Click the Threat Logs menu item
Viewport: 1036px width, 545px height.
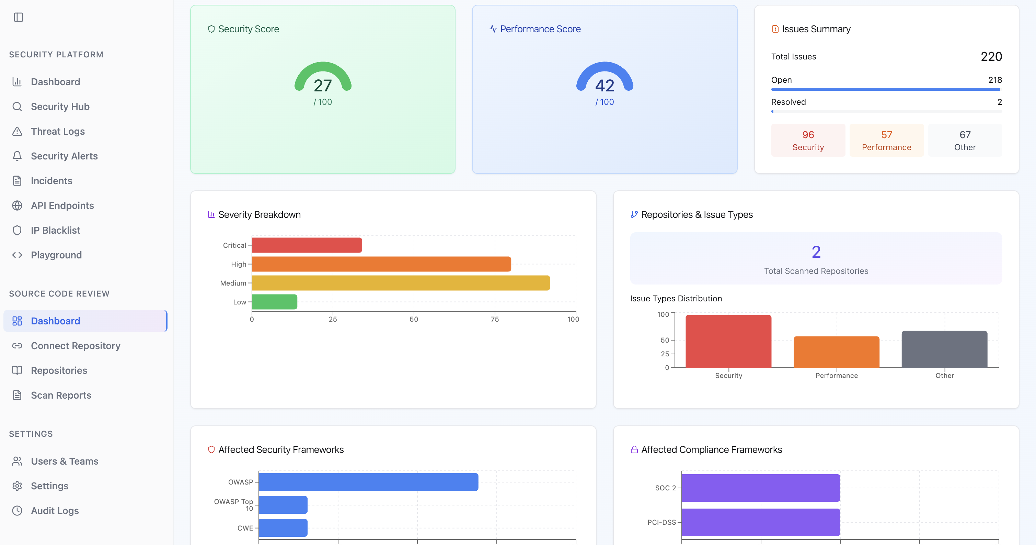[58, 131]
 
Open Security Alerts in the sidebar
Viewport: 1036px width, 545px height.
[64, 156]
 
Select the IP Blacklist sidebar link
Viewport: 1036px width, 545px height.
[56, 230]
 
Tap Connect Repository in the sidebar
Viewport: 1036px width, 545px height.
[75, 346]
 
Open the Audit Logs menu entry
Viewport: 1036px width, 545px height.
[55, 510]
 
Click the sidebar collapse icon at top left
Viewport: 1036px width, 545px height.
[19, 17]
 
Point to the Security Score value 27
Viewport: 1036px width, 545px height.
[323, 85]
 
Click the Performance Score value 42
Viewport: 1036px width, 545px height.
[605, 85]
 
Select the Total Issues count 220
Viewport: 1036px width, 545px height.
[991, 56]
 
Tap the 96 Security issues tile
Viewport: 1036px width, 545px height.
[808, 140]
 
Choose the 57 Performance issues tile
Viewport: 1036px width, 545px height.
[886, 140]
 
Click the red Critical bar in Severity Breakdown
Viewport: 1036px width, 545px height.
[307, 245]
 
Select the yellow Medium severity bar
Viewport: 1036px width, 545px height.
[401, 283]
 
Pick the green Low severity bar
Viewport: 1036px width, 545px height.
[274, 302]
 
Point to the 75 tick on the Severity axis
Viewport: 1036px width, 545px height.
[495, 319]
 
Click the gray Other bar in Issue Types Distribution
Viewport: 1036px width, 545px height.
[944, 349]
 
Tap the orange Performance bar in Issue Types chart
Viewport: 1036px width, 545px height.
[837, 352]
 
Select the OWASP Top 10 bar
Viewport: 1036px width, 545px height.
[283, 505]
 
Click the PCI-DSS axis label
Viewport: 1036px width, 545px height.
[661, 522]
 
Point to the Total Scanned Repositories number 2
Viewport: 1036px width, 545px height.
[816, 252]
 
